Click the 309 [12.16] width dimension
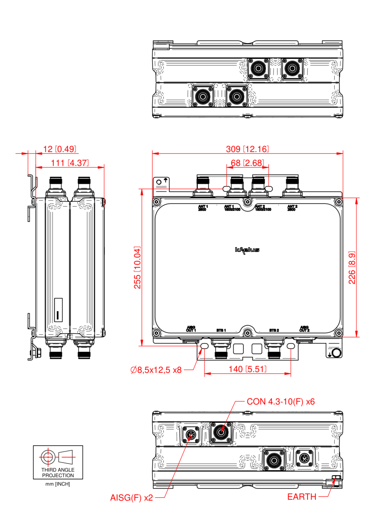(247, 149)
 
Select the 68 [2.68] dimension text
(247, 163)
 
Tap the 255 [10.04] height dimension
(137, 267)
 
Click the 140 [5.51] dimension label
(247, 369)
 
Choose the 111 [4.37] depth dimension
(70, 163)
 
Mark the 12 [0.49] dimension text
(60, 149)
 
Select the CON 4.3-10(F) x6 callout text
(281, 401)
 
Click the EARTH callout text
(301, 497)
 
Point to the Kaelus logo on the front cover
(247, 250)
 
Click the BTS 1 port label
(221, 330)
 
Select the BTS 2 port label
(274, 330)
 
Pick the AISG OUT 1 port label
(191, 329)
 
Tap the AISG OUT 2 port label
(304, 329)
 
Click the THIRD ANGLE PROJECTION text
(58, 473)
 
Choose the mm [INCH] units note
(58, 484)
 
